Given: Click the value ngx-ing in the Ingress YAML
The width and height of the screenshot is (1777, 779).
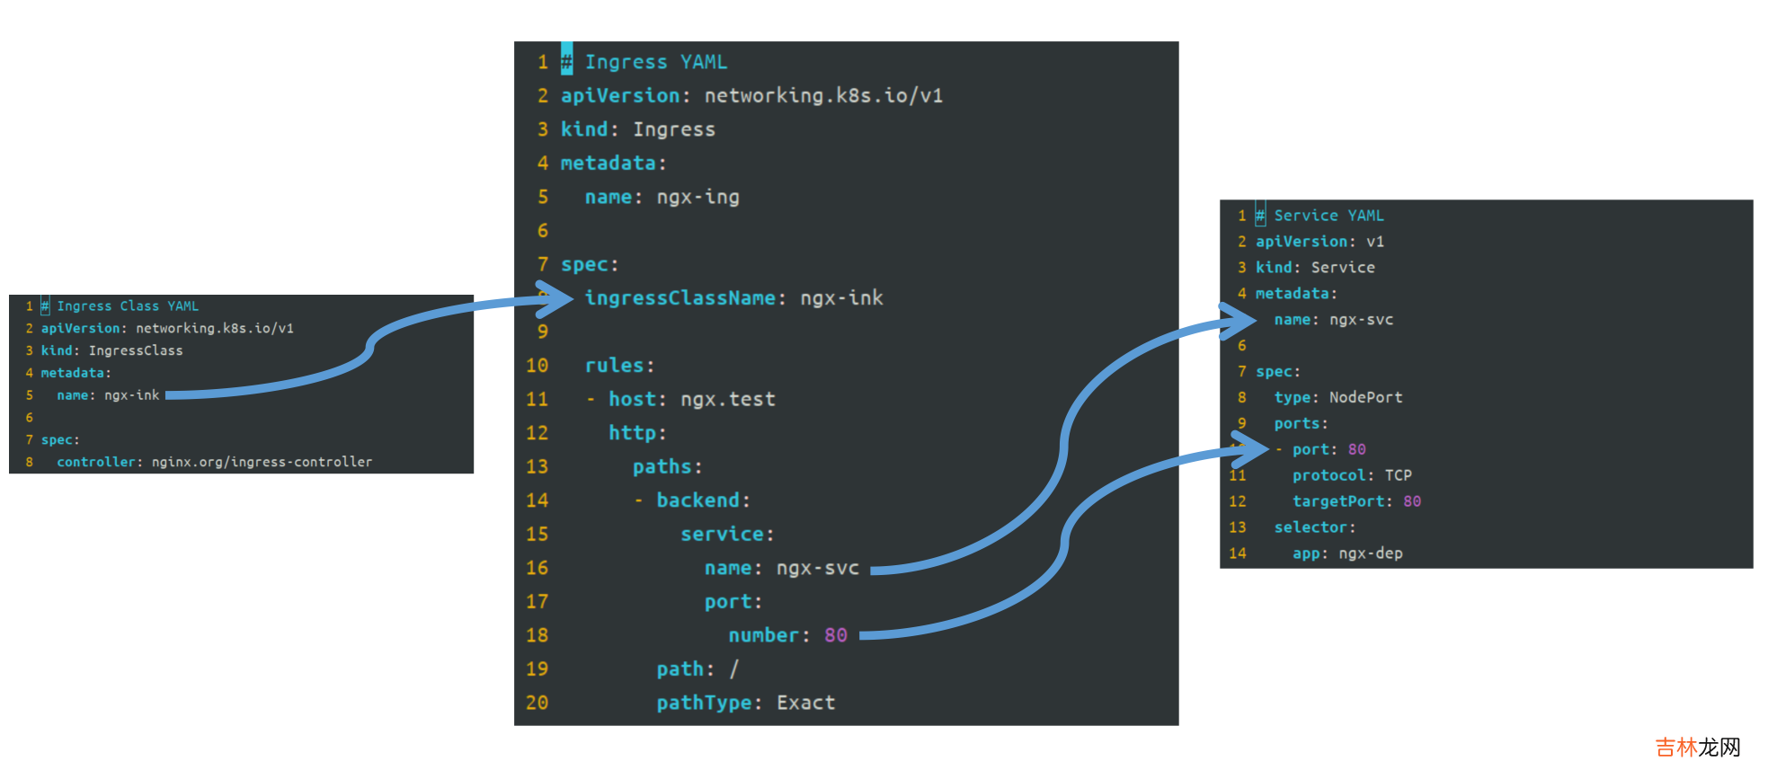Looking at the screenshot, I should tap(697, 197).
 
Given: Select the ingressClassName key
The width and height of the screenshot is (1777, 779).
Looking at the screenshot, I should tap(680, 297).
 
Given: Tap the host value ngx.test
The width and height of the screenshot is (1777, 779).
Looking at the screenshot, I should tap(727, 399).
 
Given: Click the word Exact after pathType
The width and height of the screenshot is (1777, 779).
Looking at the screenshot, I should tap(805, 703).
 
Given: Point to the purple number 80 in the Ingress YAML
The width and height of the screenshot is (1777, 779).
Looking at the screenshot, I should tap(835, 635).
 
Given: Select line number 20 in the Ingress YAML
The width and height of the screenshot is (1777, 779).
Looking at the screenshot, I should tap(537, 703).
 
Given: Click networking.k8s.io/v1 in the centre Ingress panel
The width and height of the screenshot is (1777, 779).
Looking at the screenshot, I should tap(823, 95).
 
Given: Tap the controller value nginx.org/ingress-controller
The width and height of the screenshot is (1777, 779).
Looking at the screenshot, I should tap(262, 462).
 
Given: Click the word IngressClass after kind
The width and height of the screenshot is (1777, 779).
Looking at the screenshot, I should tap(136, 350).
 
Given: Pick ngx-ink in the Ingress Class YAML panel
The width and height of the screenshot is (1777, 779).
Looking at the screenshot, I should tap(131, 395).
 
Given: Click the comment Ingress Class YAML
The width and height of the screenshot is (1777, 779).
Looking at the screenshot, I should tap(128, 306).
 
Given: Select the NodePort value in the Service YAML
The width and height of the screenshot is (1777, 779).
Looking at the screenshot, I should tap(1365, 397).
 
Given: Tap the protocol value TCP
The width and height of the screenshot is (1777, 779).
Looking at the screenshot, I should tap(1398, 475).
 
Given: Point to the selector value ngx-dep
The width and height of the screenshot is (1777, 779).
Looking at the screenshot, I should tap(1370, 553).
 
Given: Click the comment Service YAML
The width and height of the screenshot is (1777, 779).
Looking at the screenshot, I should tap(1328, 216).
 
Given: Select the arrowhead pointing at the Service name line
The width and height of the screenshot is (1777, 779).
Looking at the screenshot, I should tap(1241, 320).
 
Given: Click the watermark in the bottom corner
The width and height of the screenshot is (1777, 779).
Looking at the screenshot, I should tap(1697, 748).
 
